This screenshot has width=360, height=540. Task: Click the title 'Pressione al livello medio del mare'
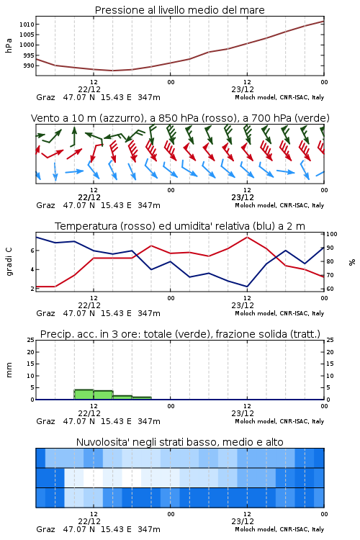tap(179, 10)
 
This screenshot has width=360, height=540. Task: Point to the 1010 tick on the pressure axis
tap(27, 24)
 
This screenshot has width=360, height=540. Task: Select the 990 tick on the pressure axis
tap(29, 66)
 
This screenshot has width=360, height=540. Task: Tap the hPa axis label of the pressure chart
tap(9, 45)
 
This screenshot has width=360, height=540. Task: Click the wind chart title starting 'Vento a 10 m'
tap(180, 118)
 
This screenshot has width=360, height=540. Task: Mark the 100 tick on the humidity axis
tap(332, 234)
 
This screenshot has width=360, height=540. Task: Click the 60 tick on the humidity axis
tap(330, 289)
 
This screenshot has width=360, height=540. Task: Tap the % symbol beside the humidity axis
tap(352, 262)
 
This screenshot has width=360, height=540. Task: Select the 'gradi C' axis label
tap(9, 262)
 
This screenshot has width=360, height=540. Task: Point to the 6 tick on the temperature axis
tap(32, 251)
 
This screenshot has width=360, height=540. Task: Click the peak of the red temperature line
tap(247, 237)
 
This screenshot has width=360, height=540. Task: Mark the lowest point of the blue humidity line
tap(247, 287)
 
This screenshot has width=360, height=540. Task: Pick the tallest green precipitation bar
tap(84, 395)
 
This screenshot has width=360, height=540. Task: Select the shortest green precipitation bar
tap(142, 398)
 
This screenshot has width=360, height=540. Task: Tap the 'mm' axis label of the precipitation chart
tap(9, 370)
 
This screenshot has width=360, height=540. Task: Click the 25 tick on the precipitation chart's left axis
tap(31, 340)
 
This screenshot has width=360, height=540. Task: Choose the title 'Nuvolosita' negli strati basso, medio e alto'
tap(179, 442)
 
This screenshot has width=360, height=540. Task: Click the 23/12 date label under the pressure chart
tap(243, 89)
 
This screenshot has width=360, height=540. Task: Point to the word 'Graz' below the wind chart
tap(45, 205)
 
